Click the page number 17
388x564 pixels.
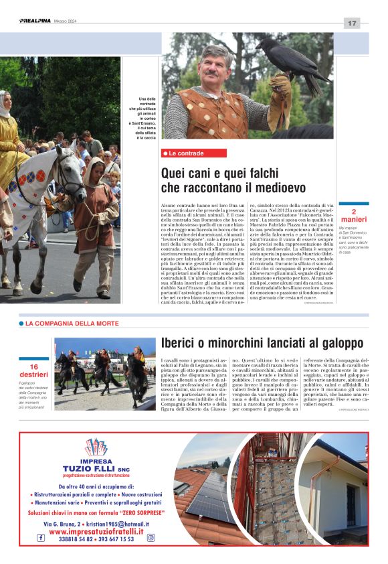(352, 23)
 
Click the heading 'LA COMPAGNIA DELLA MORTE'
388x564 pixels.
(64, 324)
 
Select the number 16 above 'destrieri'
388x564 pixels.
(34, 366)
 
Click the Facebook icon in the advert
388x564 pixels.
(41, 538)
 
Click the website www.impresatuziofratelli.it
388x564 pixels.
(96, 531)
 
